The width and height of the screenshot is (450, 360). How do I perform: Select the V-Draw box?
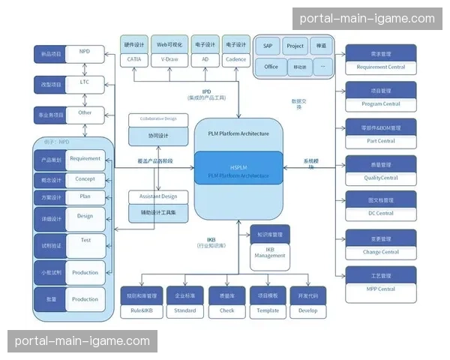168,58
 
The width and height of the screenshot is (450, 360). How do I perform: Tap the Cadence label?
235,58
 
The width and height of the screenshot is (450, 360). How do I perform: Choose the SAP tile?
268,46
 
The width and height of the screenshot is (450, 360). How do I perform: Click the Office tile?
271,67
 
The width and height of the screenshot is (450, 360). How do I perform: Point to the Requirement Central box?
381,67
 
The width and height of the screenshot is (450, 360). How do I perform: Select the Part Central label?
381,140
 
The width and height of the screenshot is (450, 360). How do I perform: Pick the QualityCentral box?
381,177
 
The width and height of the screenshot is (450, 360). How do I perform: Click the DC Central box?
381,213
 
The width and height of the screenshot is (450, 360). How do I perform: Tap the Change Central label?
381,251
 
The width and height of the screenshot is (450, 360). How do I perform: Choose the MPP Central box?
381,288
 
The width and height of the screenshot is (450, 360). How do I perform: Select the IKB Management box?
270,253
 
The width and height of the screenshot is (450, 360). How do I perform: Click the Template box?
268,310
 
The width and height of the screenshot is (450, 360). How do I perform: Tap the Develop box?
307,310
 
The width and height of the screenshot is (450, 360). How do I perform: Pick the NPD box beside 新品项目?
85,52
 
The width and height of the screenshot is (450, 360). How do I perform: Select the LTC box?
85,82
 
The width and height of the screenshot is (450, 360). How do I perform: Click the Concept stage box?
85,180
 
